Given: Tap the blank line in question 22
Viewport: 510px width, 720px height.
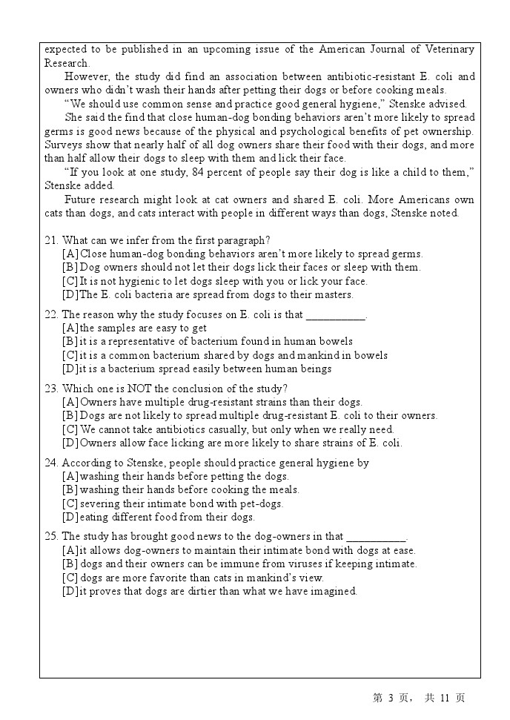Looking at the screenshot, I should click(336, 315).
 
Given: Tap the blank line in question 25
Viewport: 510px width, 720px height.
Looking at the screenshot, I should click(377, 537).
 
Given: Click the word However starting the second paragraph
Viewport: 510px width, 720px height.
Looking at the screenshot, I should click(85, 76).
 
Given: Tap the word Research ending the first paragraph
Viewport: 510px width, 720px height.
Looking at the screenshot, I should click(67, 63).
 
